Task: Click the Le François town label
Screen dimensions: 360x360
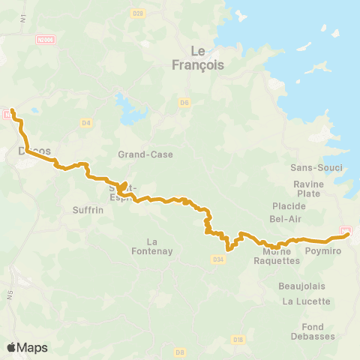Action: click(x=198, y=58)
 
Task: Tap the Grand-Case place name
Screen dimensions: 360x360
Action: click(x=145, y=155)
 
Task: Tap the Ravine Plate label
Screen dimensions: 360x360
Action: click(x=308, y=188)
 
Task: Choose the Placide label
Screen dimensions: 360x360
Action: click(x=289, y=205)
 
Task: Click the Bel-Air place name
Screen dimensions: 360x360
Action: click(x=285, y=218)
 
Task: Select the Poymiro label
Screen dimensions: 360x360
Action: click(x=324, y=251)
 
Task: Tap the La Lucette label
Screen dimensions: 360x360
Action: click(x=306, y=301)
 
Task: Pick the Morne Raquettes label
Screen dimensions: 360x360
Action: click(x=277, y=256)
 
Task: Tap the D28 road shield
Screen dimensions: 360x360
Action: click(x=157, y=34)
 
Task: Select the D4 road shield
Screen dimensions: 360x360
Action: click(x=86, y=123)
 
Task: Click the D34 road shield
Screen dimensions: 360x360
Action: click(x=218, y=259)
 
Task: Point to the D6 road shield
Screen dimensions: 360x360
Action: click(x=184, y=102)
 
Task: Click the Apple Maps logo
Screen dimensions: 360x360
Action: click(x=27, y=347)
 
